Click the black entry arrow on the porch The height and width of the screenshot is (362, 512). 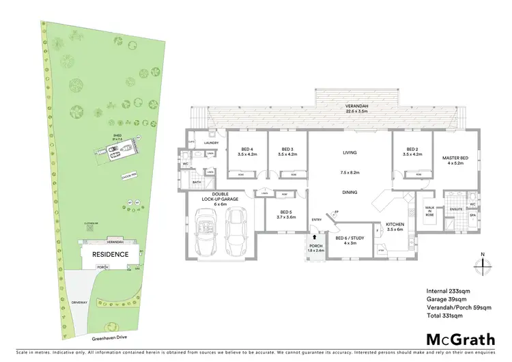click(315, 237)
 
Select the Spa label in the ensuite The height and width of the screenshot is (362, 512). click(472, 216)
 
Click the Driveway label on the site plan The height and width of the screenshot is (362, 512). click(80, 301)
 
